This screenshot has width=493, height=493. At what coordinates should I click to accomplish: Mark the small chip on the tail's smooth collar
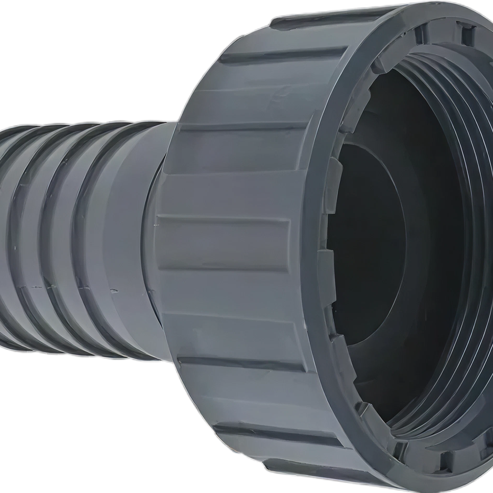[114, 291]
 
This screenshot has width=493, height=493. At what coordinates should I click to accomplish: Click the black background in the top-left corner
[49, 39]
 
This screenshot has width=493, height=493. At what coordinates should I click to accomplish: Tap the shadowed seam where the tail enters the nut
[150, 237]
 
